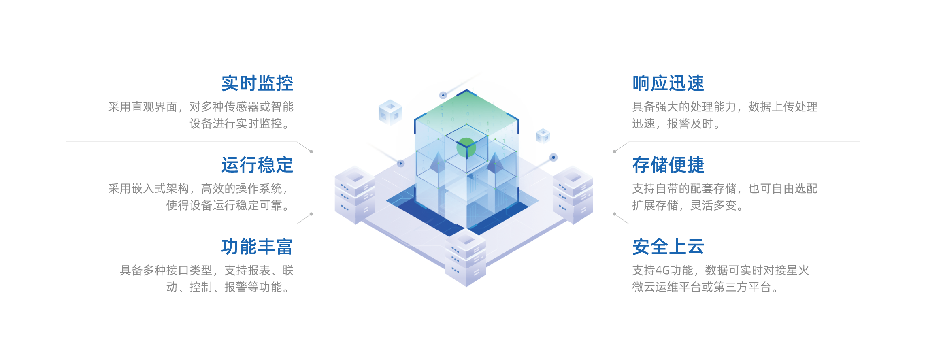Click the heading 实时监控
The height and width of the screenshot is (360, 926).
pos(257,83)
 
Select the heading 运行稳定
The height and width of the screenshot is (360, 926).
pos(257,165)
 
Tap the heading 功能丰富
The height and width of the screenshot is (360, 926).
pos(257,247)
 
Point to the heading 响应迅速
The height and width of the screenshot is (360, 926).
pos(668,83)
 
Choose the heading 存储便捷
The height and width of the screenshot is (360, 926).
pos(668,165)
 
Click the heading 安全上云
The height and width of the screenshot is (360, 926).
pos(668,247)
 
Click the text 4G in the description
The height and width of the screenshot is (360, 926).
pos(663,271)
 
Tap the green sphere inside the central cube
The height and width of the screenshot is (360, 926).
pos(466,147)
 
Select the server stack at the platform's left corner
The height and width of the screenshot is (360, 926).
pos(355,194)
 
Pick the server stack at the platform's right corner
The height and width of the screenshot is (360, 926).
pos(573,194)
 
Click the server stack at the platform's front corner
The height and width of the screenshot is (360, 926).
pos(466,258)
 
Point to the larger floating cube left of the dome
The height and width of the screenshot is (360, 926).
pos(390,112)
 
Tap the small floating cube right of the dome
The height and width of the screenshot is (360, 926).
pos(543,136)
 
